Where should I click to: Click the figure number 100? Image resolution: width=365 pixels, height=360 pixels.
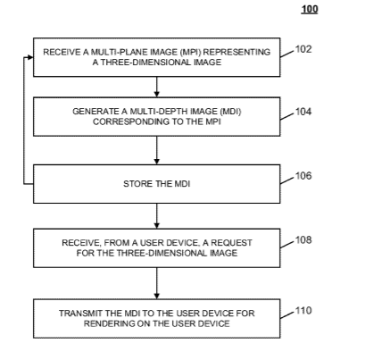[x=310, y=9]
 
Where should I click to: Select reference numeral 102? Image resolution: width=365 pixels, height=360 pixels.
[x=303, y=49]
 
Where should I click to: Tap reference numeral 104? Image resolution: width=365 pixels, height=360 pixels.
[x=303, y=112]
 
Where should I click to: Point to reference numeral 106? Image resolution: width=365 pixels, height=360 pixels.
[x=303, y=176]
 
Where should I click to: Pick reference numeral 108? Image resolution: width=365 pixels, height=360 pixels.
[x=303, y=239]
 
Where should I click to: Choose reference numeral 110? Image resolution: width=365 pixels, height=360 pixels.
[x=303, y=311]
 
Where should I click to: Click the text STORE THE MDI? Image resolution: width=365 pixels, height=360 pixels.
[x=157, y=184]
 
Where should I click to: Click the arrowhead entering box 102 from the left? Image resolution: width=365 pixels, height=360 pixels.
[x=30, y=57]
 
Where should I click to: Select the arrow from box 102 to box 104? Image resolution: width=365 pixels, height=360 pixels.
[x=157, y=87]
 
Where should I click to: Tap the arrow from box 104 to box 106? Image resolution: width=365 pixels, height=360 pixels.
[x=157, y=150]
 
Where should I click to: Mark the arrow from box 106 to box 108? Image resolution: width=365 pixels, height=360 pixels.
[x=157, y=216]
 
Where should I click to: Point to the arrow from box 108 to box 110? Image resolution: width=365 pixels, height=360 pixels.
[x=157, y=283]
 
